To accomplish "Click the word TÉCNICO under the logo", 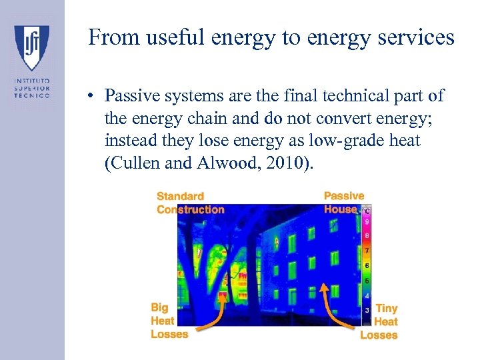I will pos(32,95).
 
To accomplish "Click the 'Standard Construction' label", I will pos(190,203).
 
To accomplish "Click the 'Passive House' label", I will pos(344,202).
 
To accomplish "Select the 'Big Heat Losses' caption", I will pos(169,321).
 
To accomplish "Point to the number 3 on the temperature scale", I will pos(367,310).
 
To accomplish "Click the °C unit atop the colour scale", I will pos(366,211).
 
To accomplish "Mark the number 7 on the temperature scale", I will pos(367,251).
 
